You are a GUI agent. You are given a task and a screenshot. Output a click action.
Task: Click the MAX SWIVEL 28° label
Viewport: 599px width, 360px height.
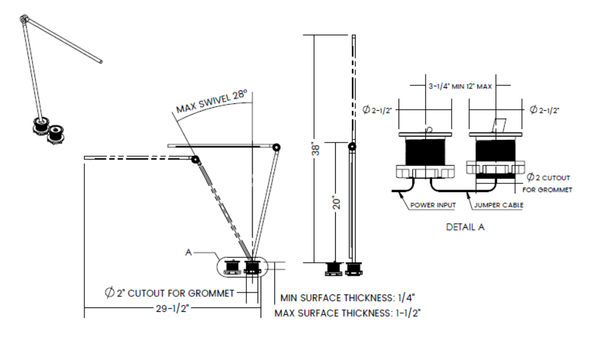(x=212, y=102)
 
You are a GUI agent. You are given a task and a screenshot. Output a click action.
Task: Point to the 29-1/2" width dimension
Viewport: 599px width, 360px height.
(x=172, y=309)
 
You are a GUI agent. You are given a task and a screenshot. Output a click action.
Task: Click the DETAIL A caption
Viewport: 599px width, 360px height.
(x=466, y=227)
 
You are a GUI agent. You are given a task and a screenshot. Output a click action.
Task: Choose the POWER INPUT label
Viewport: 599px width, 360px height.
(x=432, y=205)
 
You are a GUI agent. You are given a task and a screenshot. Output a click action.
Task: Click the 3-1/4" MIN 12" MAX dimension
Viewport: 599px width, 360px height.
(x=460, y=85)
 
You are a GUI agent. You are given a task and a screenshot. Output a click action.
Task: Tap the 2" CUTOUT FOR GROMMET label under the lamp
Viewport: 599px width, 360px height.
(x=169, y=293)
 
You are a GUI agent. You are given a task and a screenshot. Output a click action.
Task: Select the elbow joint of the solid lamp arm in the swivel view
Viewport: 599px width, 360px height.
(x=276, y=147)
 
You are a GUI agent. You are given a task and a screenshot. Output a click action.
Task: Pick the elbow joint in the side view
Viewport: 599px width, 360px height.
(x=353, y=147)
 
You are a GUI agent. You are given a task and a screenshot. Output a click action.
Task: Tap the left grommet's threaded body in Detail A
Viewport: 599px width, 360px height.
(x=425, y=149)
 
